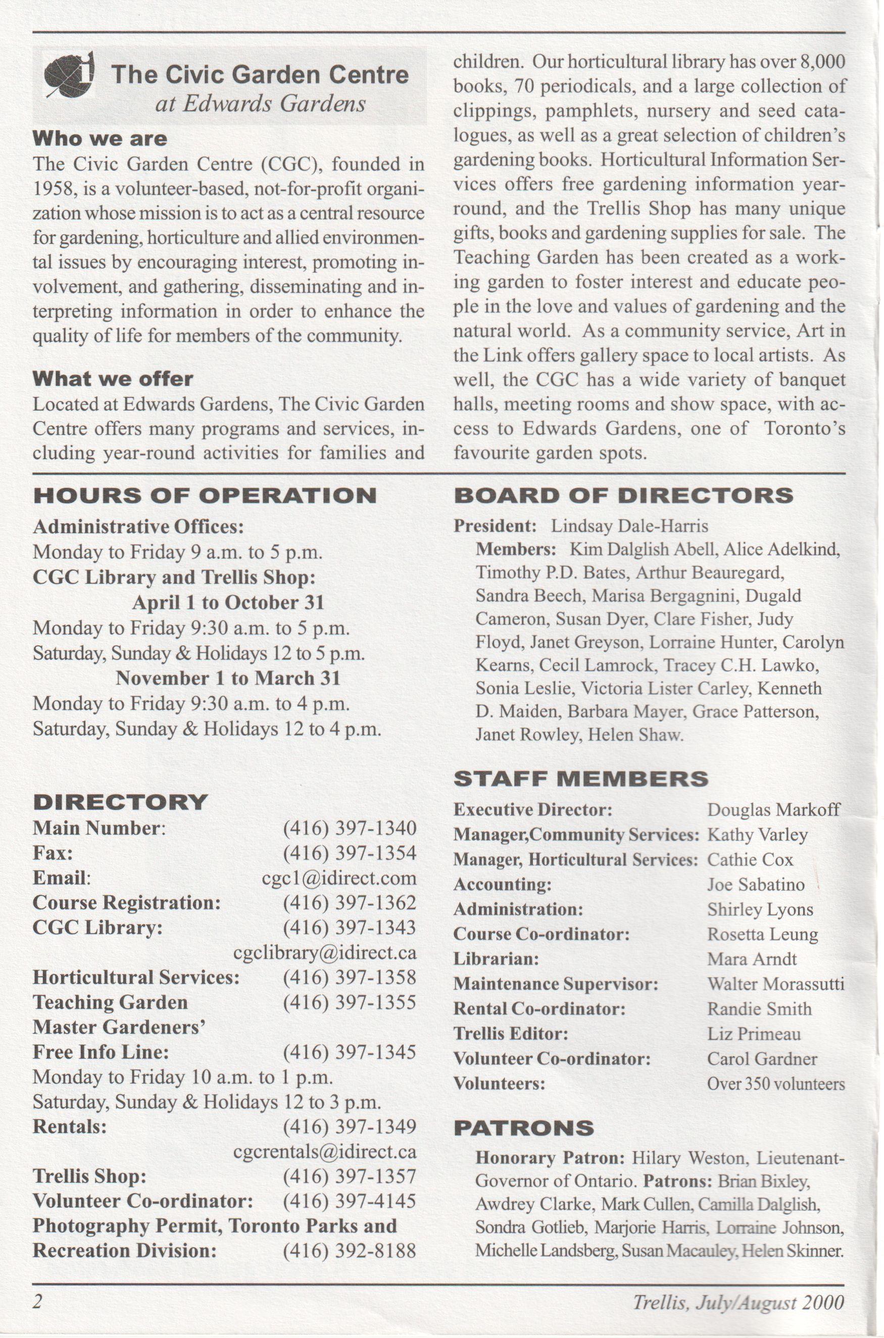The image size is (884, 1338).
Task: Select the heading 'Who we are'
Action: coord(100,138)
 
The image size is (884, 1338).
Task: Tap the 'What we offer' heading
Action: coord(113,379)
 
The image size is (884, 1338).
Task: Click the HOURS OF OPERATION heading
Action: coord(205,496)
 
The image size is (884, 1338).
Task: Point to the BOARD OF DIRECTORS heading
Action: coord(623,496)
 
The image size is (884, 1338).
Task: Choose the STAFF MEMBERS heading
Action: coord(581,779)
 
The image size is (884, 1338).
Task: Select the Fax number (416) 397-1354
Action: coord(350,853)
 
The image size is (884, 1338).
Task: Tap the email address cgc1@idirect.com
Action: coord(339,878)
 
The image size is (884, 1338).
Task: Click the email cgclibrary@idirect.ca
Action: coord(325,953)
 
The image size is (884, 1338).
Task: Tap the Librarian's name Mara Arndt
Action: coord(752,959)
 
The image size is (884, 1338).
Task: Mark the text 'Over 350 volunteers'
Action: coord(776,1084)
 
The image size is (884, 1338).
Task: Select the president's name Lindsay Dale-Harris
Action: coord(629,526)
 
